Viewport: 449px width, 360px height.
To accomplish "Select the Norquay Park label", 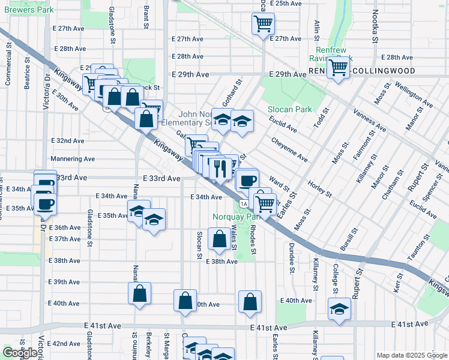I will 234,217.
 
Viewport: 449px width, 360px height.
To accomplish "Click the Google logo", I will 20,353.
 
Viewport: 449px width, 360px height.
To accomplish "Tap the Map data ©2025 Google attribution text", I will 412,355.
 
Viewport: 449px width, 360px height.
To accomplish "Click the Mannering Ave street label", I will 73,159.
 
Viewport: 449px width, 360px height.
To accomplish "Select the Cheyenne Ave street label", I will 289,149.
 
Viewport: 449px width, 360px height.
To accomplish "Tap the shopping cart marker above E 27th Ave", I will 263,24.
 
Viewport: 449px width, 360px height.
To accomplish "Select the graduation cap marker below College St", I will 340,309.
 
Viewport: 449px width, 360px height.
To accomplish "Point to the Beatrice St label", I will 27,73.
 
